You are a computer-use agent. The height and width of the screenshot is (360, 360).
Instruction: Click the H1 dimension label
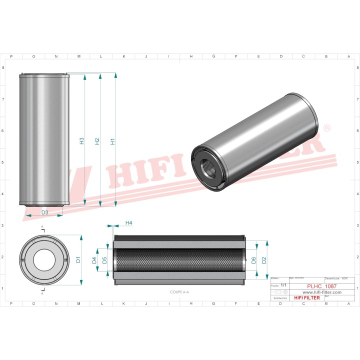[x=113, y=141]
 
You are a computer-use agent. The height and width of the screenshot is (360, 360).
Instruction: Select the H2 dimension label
[x=97, y=141]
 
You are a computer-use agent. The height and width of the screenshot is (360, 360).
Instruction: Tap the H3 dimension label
[x=81, y=141]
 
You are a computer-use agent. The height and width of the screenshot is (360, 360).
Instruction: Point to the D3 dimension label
[x=44, y=212]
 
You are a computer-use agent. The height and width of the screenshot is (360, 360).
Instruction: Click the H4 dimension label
[x=128, y=222]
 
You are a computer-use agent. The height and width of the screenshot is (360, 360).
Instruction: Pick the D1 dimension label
[x=78, y=259]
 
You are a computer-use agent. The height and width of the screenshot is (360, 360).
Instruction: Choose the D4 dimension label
[x=94, y=260]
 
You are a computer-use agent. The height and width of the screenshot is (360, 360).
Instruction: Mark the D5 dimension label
[x=104, y=260]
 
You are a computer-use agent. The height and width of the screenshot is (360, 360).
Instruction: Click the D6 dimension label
[x=253, y=260]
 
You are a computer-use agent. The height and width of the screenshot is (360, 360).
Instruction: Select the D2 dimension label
[x=264, y=259]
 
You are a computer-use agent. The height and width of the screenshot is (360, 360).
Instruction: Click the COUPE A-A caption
[x=179, y=291]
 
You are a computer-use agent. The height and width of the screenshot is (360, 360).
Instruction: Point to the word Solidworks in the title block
[x=279, y=297]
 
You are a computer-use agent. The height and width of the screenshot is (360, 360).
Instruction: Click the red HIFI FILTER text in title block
[x=306, y=298]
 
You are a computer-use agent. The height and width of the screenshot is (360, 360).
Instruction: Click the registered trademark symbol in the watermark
[x=327, y=128]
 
